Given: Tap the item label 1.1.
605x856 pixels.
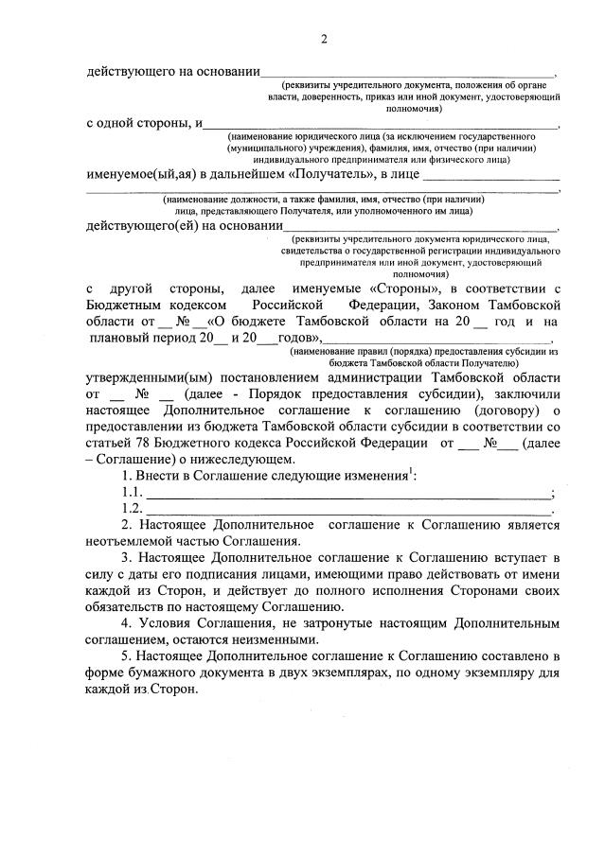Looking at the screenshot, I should [133, 492].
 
